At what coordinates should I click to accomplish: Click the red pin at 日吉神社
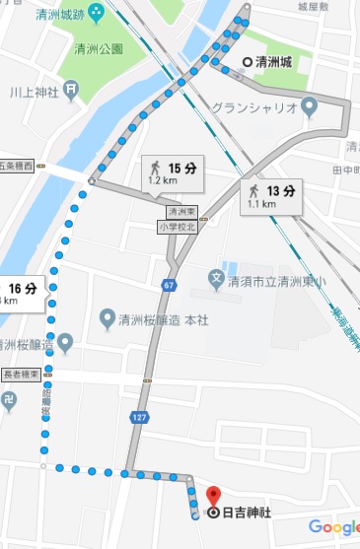point(213,495)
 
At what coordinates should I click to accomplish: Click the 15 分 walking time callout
point(173,173)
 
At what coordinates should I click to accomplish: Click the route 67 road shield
point(169,286)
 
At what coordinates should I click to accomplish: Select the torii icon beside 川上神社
point(73,88)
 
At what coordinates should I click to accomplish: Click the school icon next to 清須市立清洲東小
point(216,279)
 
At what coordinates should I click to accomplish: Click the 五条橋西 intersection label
point(17,165)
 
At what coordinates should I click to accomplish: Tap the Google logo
point(332,527)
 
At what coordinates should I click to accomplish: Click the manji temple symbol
point(9,400)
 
